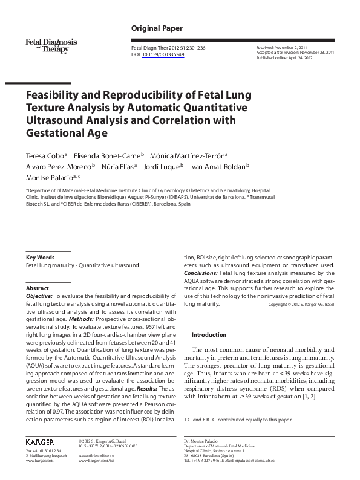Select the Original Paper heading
(x=157, y=28)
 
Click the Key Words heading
(x=41, y=257)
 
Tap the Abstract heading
(x=38, y=289)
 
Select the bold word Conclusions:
(x=202, y=273)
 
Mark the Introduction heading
(x=209, y=334)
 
